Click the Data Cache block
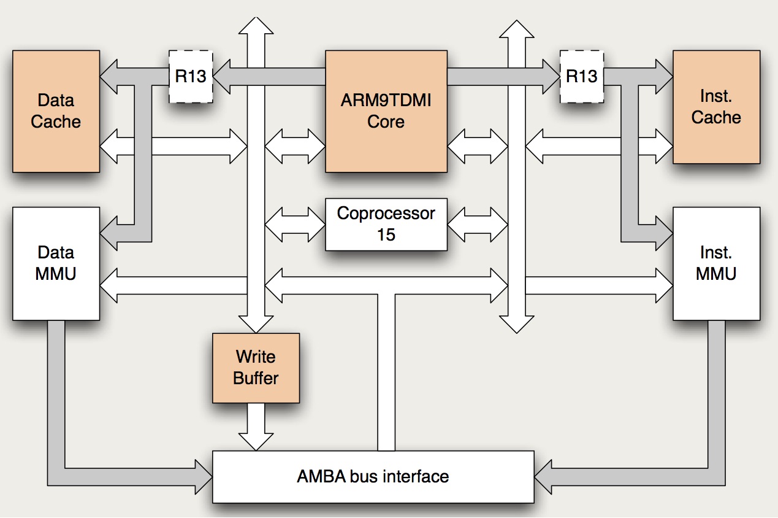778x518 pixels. (56, 111)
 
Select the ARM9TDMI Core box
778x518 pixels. (386, 111)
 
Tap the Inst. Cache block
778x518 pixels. (716, 107)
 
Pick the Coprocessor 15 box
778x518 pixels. (386, 224)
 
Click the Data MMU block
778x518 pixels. (56, 263)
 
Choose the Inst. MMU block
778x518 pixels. (716, 263)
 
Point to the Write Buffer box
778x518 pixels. (256, 368)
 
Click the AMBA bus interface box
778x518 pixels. (373, 476)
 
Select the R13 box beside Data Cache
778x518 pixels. (191, 76)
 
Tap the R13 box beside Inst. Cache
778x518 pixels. (581, 76)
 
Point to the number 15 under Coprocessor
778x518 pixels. (386, 234)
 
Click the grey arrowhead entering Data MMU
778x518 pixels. (109, 231)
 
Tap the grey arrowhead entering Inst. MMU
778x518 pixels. (663, 231)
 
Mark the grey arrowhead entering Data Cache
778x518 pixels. (109, 76)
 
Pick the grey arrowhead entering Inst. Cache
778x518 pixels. (663, 76)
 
